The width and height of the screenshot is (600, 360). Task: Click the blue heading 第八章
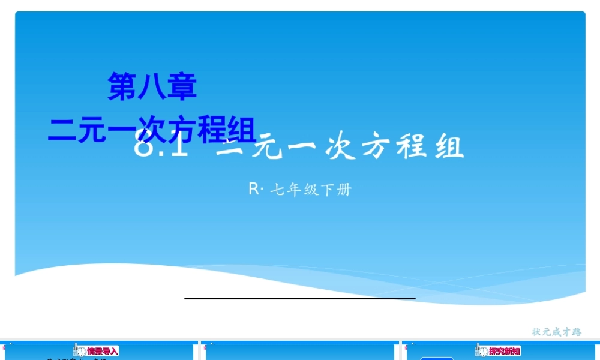tap(152, 86)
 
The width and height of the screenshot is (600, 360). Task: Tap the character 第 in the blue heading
tap(122, 86)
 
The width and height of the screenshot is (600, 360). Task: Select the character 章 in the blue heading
tap(182, 86)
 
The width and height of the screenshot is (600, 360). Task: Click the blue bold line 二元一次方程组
tap(152, 130)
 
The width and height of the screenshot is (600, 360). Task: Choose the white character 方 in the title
tap(377, 148)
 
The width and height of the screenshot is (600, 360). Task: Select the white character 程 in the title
tap(414, 148)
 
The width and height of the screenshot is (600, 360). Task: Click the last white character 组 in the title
tap(449, 148)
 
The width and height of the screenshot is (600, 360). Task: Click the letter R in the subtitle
tap(253, 190)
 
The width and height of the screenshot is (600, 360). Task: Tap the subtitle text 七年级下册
tap(311, 190)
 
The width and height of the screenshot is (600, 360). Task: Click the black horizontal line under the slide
tap(300, 298)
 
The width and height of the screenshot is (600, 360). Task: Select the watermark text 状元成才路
tap(557, 331)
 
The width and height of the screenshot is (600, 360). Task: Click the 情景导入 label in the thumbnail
tap(103, 351)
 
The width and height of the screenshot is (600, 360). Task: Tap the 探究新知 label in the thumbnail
tap(505, 351)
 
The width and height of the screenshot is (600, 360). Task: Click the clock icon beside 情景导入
tap(81, 352)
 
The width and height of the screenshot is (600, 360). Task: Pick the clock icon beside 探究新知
tap(482, 352)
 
